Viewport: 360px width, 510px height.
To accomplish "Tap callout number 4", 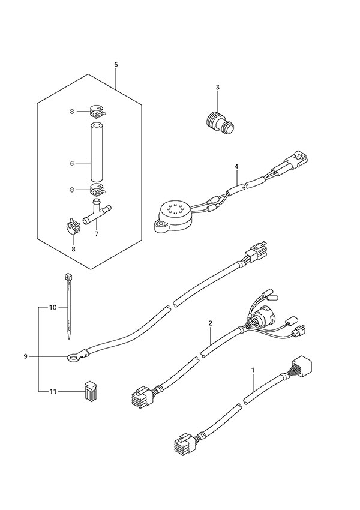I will (x=236, y=166).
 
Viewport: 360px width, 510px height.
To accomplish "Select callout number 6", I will (x=72, y=162).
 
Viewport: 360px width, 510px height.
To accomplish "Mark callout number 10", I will (x=53, y=307).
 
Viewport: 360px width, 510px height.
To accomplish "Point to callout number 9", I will (x=26, y=356).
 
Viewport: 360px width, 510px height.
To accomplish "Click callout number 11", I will (x=52, y=392).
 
